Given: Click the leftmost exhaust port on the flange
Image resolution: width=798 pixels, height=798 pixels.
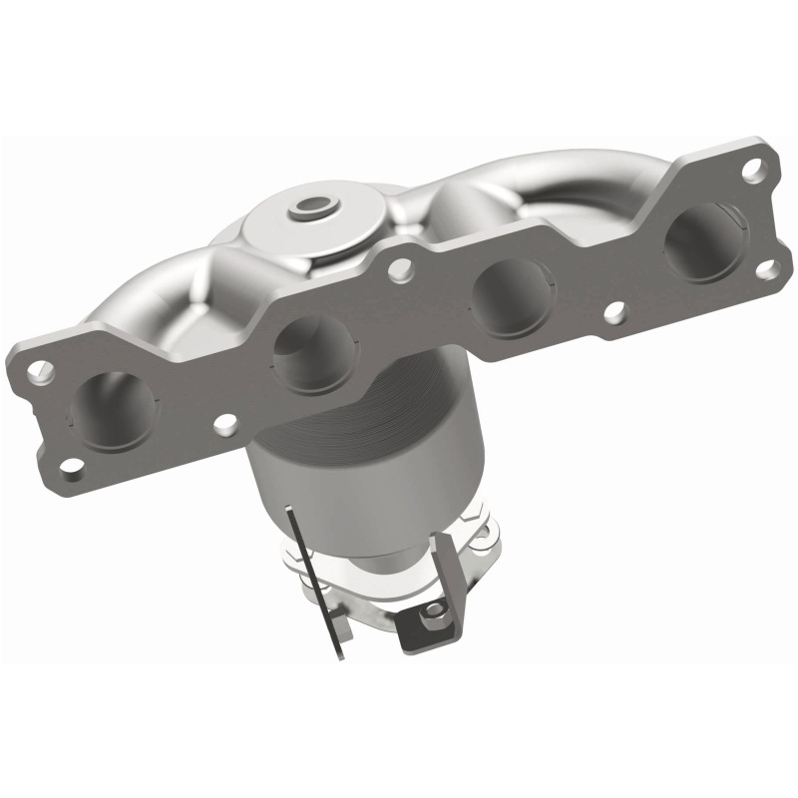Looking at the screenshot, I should coord(113,406).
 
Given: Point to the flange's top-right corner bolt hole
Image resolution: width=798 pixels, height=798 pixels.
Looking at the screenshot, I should coord(755,170).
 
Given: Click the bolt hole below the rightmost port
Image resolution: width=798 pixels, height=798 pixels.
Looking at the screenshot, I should coord(766,269).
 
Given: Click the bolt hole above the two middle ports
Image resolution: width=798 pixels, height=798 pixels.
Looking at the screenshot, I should coord(401,266).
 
